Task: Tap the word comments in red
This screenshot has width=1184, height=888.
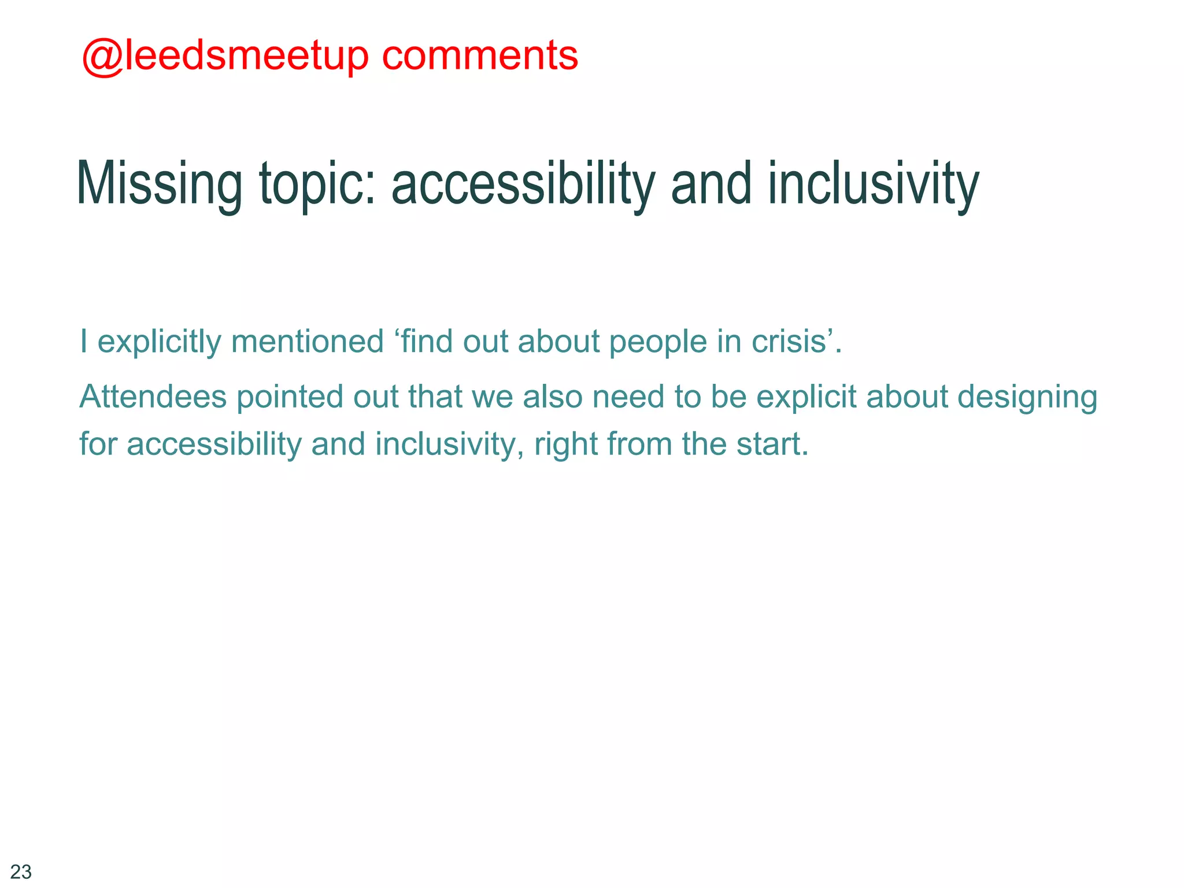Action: tap(479, 56)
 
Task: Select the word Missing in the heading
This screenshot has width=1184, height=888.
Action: tap(159, 184)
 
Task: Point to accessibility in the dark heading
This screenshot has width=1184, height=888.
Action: tap(523, 184)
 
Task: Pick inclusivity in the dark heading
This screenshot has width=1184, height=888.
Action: tap(873, 184)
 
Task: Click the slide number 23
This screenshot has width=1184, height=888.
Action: tap(21, 871)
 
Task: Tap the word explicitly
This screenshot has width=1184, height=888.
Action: tap(159, 341)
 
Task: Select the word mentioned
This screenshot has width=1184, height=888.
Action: tap(307, 341)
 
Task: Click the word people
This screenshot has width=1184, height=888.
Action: tap(658, 341)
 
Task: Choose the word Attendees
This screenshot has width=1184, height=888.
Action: tap(153, 397)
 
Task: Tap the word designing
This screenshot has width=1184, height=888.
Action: tap(1027, 397)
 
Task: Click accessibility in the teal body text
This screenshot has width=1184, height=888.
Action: tap(213, 444)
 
